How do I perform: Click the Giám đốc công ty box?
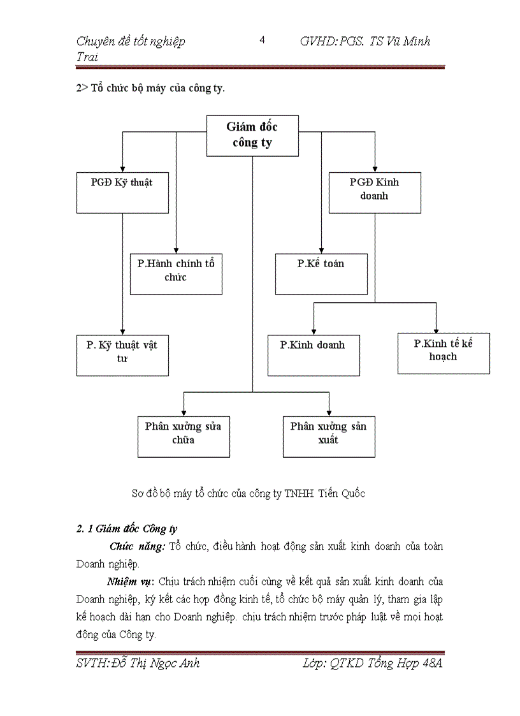coord(252,135)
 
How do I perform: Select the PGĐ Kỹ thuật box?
coord(122,192)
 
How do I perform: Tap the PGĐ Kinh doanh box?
coord(375,192)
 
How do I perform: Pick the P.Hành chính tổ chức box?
coord(176,274)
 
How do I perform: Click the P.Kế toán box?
coord(321,274)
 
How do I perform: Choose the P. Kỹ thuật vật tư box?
coord(122,355)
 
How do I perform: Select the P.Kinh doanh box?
coord(314,355)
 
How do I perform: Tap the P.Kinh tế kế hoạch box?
coord(444,353)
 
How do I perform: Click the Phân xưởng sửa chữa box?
coord(184,437)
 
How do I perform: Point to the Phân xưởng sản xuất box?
coord(329,437)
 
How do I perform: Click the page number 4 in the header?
coord(262,41)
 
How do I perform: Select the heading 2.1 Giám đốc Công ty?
coord(126,529)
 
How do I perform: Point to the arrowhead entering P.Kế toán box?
coord(321,249)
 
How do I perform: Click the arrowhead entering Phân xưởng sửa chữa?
coord(184,413)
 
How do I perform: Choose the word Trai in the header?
coord(87,58)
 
